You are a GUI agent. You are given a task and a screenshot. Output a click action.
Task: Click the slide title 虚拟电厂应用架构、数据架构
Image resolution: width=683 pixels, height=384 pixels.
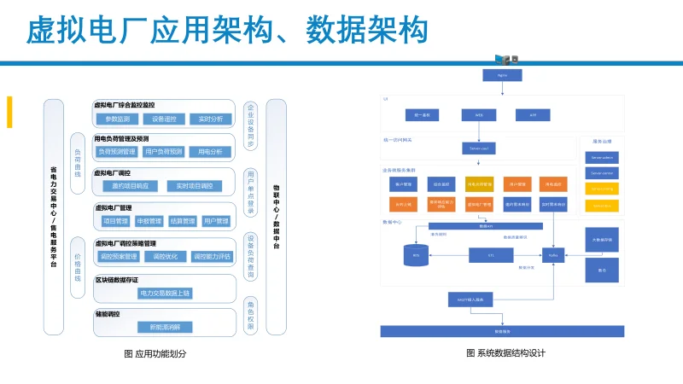point(226,32)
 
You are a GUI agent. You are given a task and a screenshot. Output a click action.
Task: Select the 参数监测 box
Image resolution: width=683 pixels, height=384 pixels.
point(117,119)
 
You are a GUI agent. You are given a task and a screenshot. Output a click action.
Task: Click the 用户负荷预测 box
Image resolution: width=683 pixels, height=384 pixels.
point(164,152)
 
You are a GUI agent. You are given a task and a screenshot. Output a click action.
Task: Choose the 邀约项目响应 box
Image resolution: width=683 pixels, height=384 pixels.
point(130,186)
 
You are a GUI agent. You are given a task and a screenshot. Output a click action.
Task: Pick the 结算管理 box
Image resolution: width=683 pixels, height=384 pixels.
point(181,221)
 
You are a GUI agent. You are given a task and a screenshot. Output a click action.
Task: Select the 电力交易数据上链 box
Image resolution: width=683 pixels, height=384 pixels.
point(165,293)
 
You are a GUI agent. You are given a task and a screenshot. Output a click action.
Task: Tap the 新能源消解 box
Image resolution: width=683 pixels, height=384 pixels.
point(165,327)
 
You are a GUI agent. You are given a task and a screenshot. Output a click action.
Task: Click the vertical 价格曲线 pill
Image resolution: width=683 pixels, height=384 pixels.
point(77,266)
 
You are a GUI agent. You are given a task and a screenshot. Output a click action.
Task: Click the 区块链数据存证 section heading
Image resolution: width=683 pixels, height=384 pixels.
point(117,279)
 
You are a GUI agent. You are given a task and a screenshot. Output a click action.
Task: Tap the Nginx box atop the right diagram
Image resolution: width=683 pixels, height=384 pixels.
point(503,75)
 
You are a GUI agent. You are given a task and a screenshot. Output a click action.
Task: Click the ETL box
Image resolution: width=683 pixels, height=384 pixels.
point(491,254)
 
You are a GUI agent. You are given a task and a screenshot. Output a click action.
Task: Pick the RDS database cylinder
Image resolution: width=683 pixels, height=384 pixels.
point(417,254)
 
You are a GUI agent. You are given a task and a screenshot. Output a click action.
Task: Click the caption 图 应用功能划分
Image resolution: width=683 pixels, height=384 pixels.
point(155,353)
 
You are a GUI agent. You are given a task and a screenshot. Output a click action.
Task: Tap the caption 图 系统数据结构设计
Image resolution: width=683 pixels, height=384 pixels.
point(505,353)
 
